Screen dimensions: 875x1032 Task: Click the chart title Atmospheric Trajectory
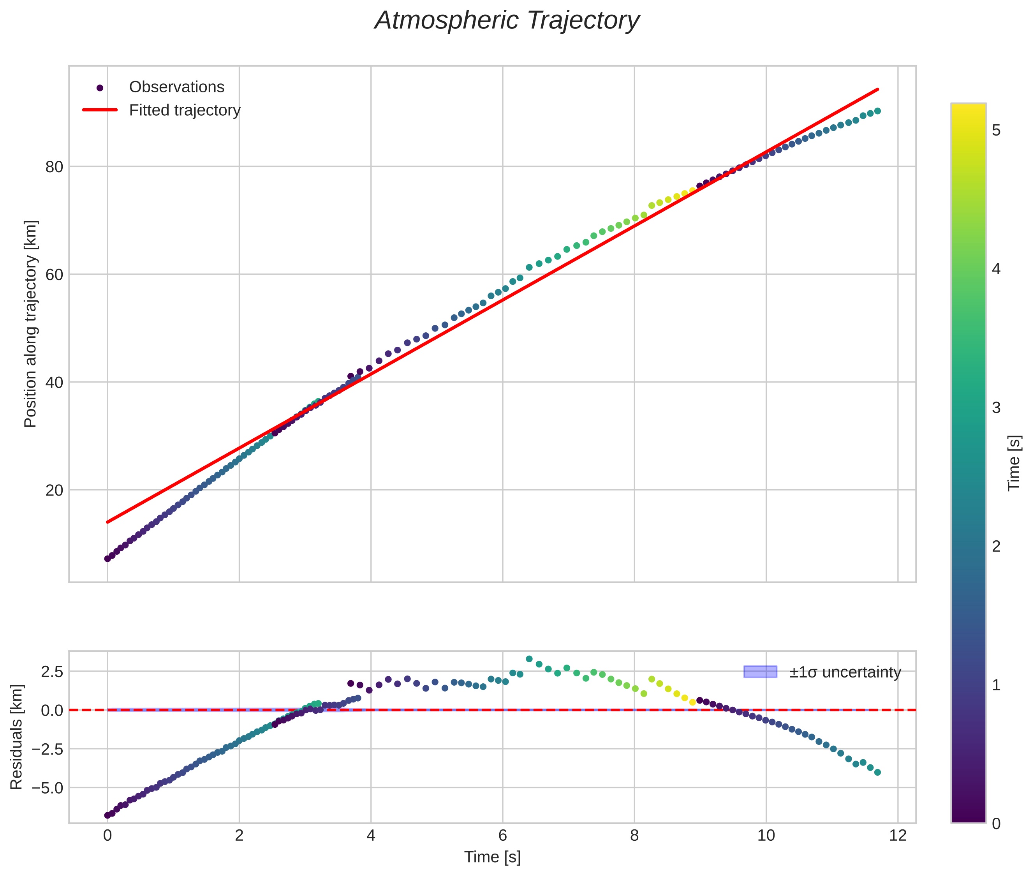507,21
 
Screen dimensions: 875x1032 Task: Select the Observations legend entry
176,87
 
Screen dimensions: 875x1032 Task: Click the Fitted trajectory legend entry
185,110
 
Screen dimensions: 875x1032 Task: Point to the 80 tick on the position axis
54,167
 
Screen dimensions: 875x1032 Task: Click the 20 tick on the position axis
54,490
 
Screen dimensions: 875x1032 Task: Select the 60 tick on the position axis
54,275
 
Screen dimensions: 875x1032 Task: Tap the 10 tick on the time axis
766,836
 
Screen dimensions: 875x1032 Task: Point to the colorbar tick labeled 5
996,131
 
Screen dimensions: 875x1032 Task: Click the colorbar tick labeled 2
996,547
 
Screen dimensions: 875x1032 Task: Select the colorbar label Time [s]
1014,463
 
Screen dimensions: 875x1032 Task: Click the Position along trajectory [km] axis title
30,324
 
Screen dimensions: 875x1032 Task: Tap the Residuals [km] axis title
16,737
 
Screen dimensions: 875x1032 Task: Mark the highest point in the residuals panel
529,659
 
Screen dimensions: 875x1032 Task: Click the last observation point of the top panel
877,111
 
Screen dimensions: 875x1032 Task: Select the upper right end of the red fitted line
878,89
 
